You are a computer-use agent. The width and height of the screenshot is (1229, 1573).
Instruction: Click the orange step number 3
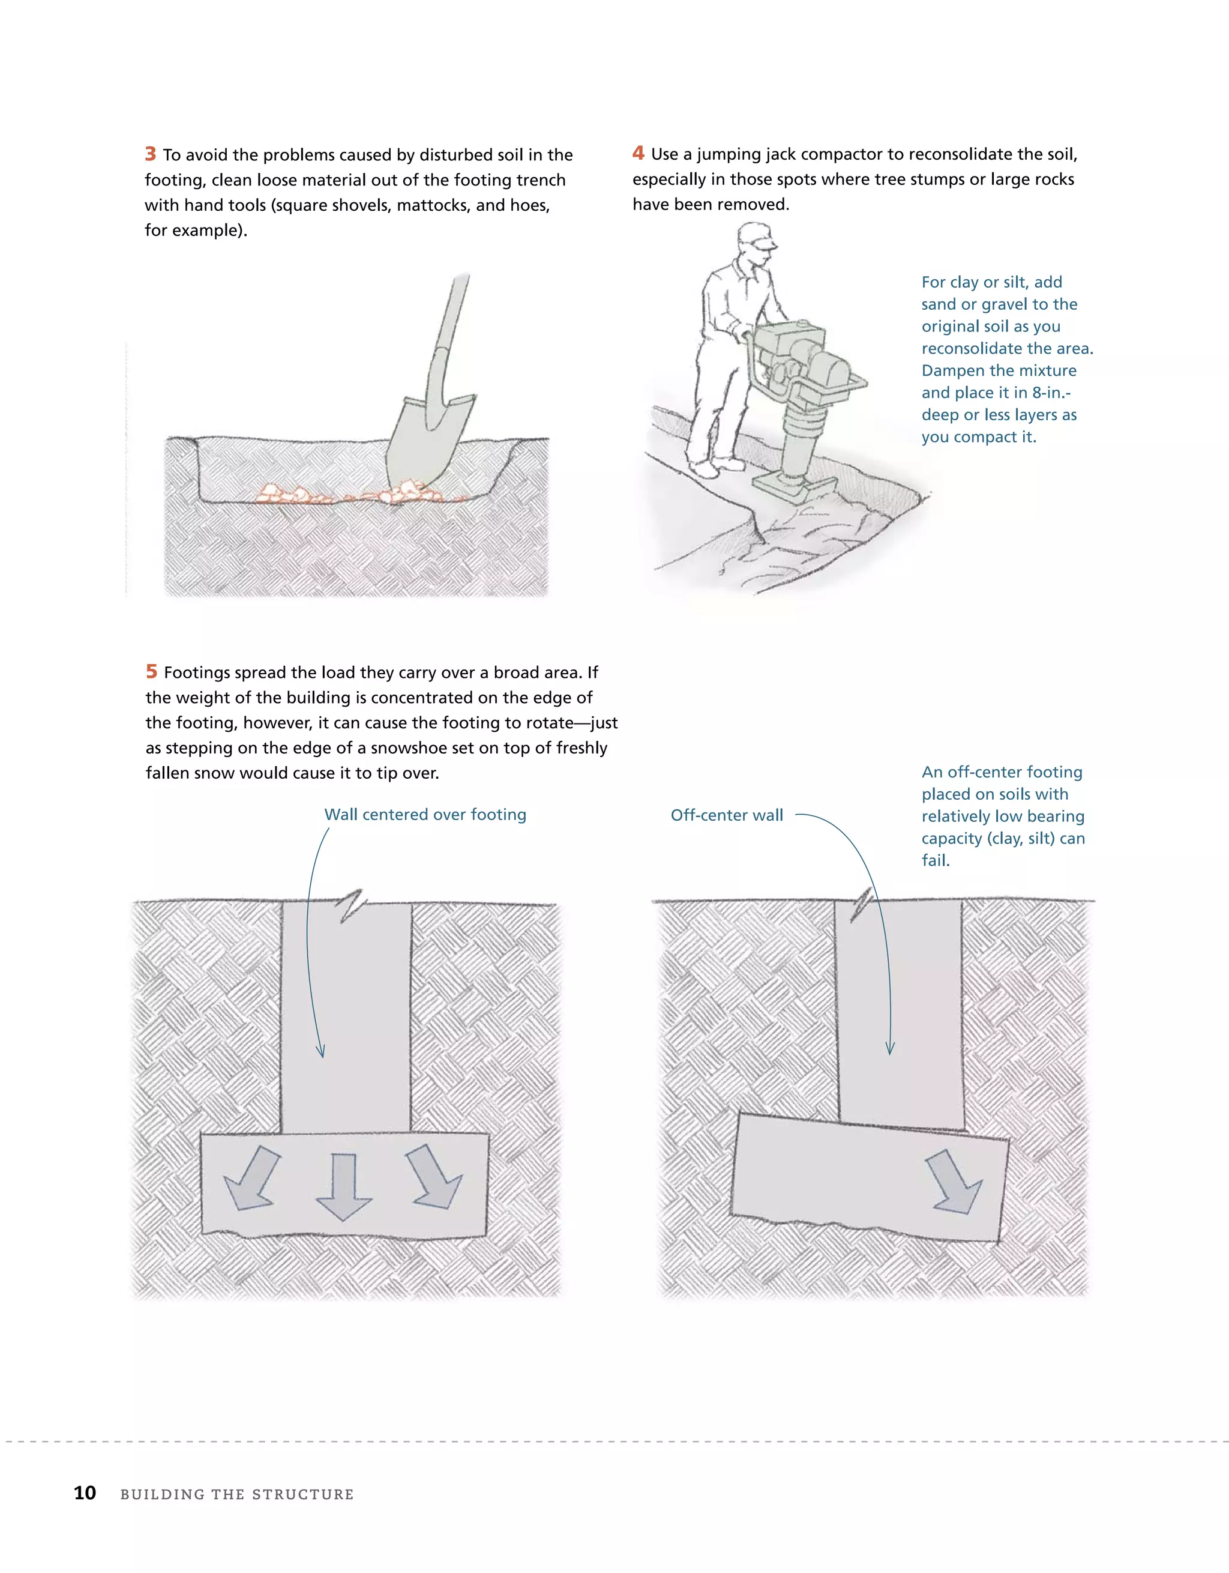[x=151, y=154]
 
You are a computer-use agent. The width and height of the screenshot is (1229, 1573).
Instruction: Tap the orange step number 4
[x=638, y=154]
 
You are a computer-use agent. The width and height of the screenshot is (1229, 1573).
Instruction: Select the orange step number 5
[x=151, y=671]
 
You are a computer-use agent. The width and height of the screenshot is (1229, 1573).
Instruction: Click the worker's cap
[x=756, y=234]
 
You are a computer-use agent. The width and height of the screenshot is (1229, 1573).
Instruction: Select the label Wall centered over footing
[x=425, y=815]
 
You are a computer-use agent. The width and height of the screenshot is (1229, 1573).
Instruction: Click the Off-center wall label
[x=727, y=815]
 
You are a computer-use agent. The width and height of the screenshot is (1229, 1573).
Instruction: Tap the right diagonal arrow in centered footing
[x=434, y=1177]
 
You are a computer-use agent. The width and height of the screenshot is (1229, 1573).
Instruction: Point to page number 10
[x=85, y=1493]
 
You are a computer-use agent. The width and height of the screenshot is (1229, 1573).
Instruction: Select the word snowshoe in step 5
[x=407, y=747]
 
